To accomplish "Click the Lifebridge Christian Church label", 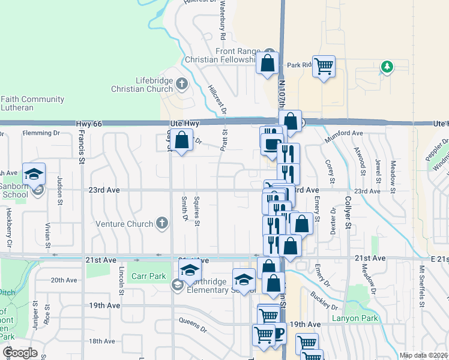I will pyautogui.click(x=137, y=85).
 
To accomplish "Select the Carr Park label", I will pyautogui.click(x=149, y=277).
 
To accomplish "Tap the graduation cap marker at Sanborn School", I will pyautogui.click(x=34, y=174).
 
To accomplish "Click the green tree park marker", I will pyautogui.click(x=387, y=67).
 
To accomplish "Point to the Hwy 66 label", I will pyautogui.click(x=90, y=123).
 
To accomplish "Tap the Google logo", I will pyautogui.click(x=19, y=353).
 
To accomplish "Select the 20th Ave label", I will pyautogui.click(x=64, y=280).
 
